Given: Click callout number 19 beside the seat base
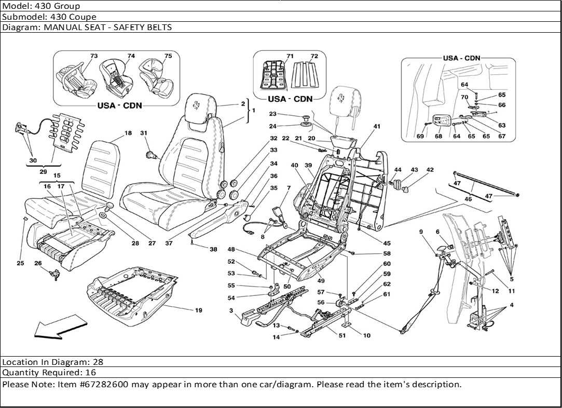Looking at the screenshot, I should coord(199,310).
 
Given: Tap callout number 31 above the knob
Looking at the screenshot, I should coord(144,133).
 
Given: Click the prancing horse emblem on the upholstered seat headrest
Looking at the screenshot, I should coord(198,106).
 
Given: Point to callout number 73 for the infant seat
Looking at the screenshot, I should coord(94,56).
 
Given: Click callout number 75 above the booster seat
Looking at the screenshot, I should coord(168,56).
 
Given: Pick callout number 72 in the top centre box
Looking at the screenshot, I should coord(313,56).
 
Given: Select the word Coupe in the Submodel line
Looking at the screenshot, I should coord(84,17).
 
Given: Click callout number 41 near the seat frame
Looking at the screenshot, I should coord(377,126).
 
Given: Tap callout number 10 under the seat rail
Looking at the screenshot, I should coord(367,335).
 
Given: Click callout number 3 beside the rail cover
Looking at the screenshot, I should coord(230,310).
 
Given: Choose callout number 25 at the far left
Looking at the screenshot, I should coord(20,263).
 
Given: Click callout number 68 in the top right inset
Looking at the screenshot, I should coord(438,137).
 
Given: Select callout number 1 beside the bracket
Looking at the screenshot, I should coord(253,111).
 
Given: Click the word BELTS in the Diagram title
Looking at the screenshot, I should coord(159,27).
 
